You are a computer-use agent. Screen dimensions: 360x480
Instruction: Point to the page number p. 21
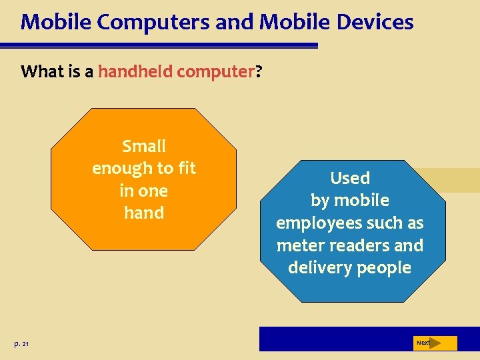coord(21,343)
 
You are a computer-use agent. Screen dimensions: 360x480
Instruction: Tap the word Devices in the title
coord(375,22)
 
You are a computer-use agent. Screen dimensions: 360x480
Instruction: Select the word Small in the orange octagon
coord(144,146)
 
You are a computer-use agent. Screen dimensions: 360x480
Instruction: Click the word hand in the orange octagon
coord(144,213)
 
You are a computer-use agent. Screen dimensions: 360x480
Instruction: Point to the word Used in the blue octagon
coord(350,178)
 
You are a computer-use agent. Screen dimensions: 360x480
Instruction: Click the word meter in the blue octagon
coord(299,245)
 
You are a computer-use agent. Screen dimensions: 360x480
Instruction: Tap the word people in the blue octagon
coord(383,268)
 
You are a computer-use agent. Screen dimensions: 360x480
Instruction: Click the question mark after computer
coord(258,71)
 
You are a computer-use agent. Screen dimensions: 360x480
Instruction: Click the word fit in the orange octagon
coord(186,169)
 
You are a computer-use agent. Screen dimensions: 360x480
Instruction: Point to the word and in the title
coord(236,22)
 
